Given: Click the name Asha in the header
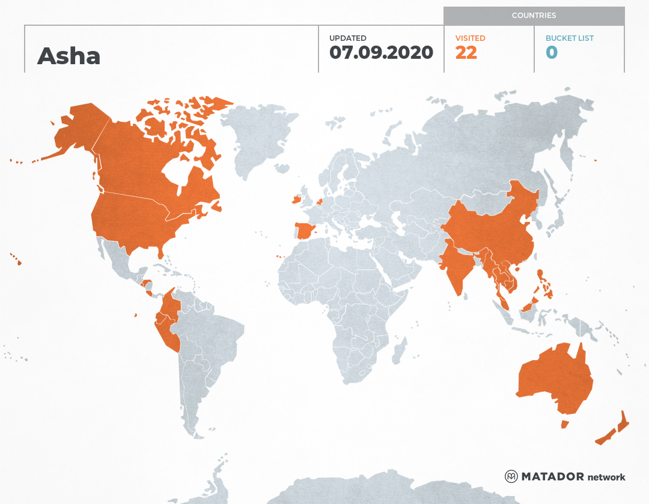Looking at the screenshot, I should [x=69, y=56].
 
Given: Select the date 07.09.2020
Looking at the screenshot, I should [x=381, y=52].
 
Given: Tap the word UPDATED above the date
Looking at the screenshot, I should [x=347, y=38].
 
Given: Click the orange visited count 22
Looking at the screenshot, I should [x=466, y=53].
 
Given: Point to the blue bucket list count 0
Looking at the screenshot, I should [x=551, y=53].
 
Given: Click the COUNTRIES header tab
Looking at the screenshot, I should [x=534, y=16].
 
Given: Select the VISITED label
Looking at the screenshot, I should [x=470, y=38].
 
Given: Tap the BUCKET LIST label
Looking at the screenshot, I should [x=569, y=38].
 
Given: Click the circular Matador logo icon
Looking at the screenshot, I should [x=511, y=476].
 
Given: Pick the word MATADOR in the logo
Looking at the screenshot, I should [x=552, y=476].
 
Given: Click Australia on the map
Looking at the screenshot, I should [x=553, y=378].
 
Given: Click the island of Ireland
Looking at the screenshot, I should [x=296, y=199].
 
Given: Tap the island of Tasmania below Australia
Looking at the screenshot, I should [x=564, y=424].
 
